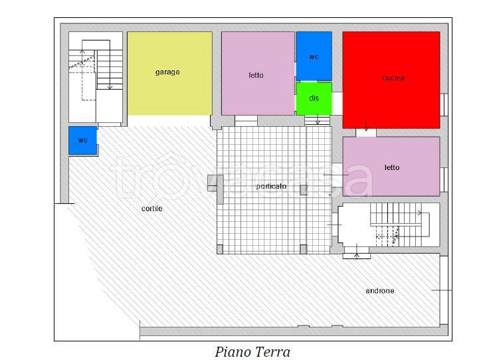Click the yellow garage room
[169, 73]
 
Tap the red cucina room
[391, 80]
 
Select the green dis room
[314, 98]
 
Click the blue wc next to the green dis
[314, 56]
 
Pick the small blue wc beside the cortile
[82, 140]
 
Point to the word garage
[167, 72]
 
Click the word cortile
[152, 209]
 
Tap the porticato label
[271, 187]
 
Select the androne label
[380, 291]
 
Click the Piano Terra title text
[252, 352]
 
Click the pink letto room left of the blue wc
[258, 73]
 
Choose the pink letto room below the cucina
[391, 166]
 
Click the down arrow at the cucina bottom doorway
[366, 126]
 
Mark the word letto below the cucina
[392, 167]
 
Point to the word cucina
[393, 78]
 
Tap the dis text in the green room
[314, 98]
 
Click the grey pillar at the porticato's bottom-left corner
[220, 249]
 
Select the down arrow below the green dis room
[318, 120]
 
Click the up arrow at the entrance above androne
[357, 250]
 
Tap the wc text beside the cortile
[82, 140]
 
